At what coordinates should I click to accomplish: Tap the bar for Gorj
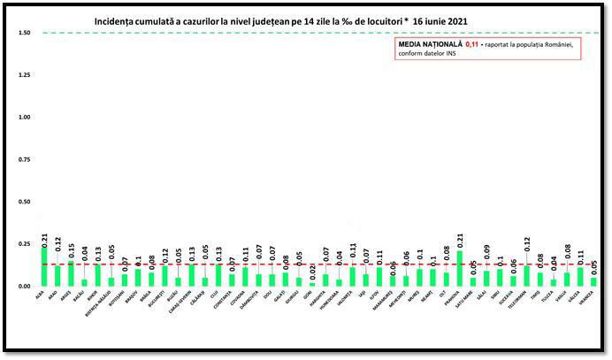[x=310, y=284]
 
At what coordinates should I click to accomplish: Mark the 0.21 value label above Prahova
[x=458, y=239]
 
